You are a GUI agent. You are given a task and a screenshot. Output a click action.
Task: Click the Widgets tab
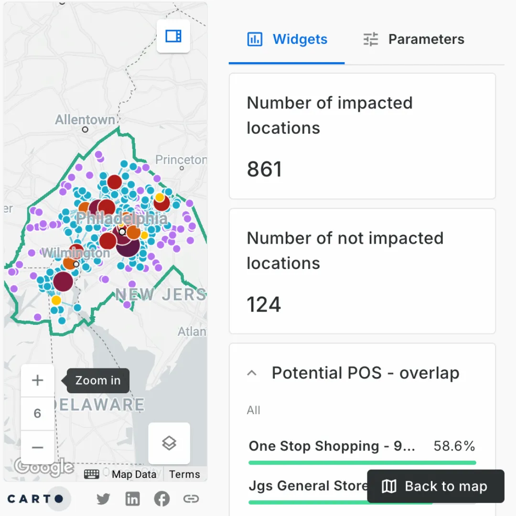tap(288, 39)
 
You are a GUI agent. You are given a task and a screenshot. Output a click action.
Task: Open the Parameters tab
tap(414, 39)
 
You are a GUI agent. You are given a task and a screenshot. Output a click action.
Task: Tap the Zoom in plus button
tap(37, 380)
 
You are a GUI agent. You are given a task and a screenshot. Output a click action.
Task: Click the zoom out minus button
tap(37, 448)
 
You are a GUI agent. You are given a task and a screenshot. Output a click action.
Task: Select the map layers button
tap(169, 443)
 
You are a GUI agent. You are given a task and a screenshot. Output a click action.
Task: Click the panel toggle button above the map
tap(173, 36)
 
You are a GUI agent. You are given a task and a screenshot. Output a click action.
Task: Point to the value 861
tap(265, 169)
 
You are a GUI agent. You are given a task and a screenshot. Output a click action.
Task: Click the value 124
tap(264, 304)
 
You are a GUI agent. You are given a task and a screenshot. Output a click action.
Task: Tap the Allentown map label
tap(85, 119)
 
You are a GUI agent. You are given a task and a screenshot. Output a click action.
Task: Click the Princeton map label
tap(181, 160)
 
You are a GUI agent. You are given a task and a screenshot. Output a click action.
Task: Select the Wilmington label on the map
tap(75, 253)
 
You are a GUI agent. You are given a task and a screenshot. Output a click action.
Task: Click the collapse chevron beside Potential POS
tap(252, 373)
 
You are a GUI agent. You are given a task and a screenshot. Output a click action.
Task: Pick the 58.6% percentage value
tap(454, 446)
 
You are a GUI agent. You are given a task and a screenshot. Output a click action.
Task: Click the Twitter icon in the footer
tap(103, 499)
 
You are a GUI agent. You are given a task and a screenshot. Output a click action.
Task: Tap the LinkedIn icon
tap(132, 499)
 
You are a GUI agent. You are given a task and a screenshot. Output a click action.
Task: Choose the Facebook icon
tap(161, 499)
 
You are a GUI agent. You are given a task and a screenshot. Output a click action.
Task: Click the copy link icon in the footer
tap(191, 499)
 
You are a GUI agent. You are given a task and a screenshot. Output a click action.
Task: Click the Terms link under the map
tap(184, 474)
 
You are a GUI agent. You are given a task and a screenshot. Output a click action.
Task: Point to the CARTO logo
tap(35, 499)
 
